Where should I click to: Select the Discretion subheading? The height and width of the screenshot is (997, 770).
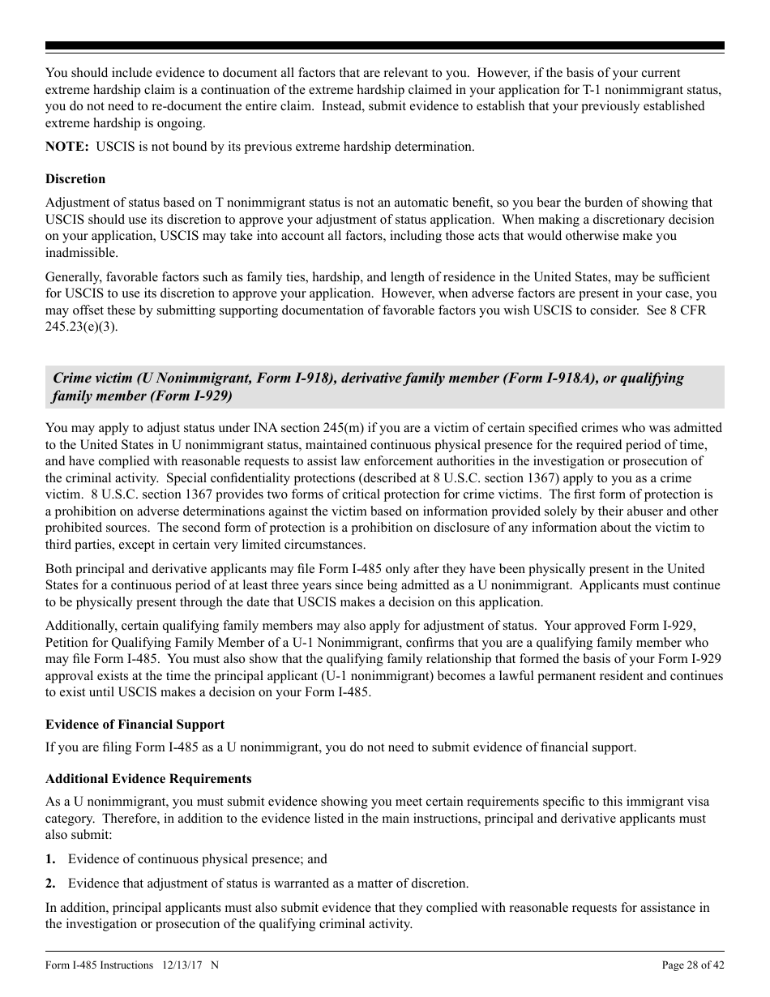(x=75, y=179)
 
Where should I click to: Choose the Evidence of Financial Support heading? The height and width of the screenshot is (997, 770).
(x=135, y=725)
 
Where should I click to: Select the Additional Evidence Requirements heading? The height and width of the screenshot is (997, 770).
(x=148, y=779)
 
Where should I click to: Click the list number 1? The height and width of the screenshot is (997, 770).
(x=50, y=859)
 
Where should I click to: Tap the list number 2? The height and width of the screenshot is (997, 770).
(x=50, y=884)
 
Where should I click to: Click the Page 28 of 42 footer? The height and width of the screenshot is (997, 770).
(x=693, y=965)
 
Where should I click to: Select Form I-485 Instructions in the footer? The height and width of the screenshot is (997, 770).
(x=99, y=965)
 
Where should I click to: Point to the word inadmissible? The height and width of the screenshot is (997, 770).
(x=81, y=253)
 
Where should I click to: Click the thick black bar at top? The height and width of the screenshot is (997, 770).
(x=385, y=46)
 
